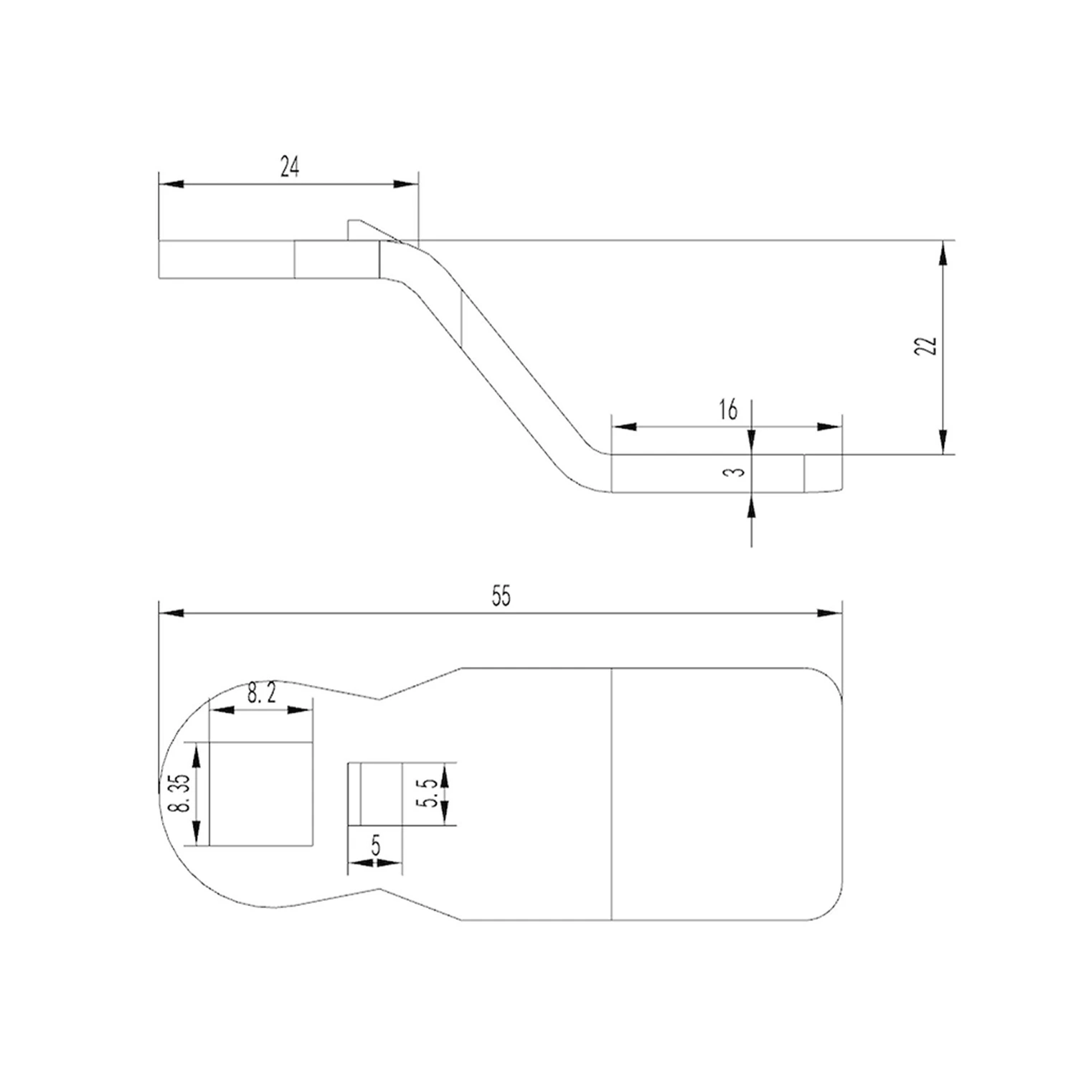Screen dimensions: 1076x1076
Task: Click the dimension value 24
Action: tap(290, 167)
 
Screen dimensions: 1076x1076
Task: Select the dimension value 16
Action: tap(727, 410)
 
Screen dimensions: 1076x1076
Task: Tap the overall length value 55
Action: tap(501, 596)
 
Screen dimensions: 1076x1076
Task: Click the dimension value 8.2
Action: tap(262, 693)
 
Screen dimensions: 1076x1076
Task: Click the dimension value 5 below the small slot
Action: tap(375, 846)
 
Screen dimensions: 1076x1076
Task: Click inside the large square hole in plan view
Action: tap(261, 794)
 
